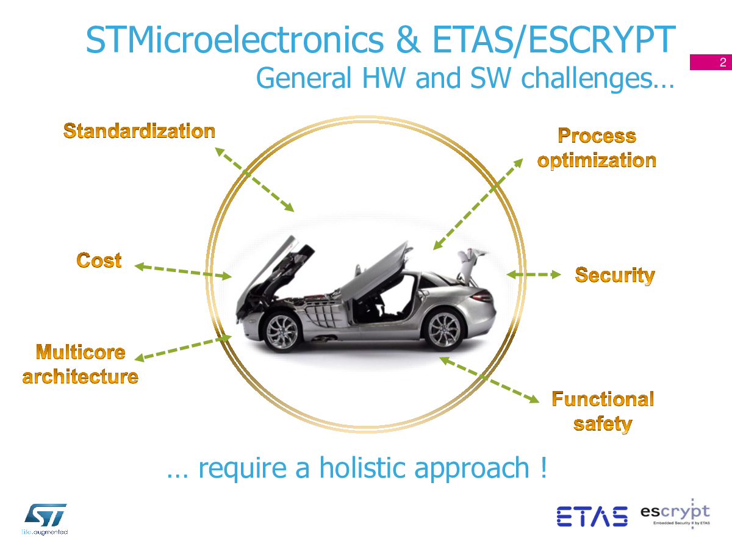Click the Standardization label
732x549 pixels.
click(139, 131)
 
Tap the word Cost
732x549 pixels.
click(99, 260)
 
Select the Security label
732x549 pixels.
click(615, 276)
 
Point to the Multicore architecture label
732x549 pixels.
click(81, 364)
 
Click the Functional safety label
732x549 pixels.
click(603, 412)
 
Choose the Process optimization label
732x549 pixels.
click(597, 148)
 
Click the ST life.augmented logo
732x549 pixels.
click(45, 519)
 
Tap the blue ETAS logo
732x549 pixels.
click(592, 516)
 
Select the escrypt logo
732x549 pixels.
click(675, 514)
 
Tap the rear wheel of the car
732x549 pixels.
click(444, 329)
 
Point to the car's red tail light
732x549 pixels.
click(481, 296)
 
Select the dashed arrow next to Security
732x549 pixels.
click(534, 274)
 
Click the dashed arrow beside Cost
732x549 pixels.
click(183, 271)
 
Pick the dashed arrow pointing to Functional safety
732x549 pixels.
click(489, 380)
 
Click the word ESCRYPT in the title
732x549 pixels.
click(602, 40)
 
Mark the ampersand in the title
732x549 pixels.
click(409, 40)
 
